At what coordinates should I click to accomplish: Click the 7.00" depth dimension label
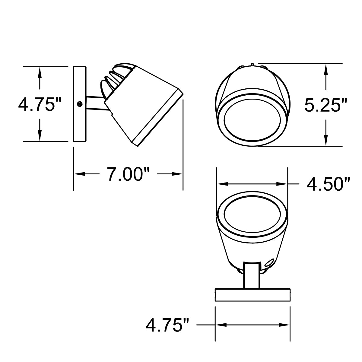[125, 174]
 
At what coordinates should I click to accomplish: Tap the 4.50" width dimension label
[328, 184]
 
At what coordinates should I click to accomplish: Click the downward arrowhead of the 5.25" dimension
[325, 141]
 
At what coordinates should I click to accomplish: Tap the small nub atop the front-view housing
[252, 64]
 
